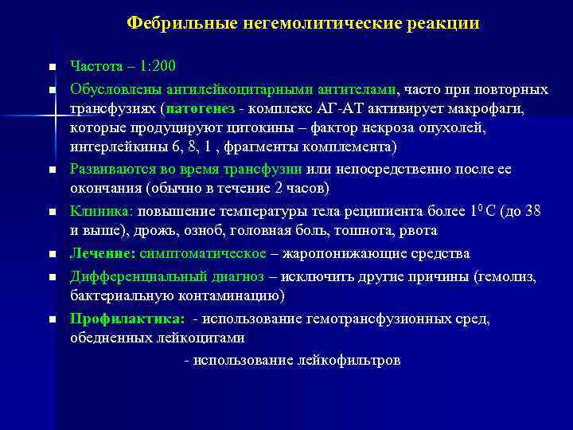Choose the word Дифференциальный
click(x=136, y=276)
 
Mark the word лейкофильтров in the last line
click(x=350, y=360)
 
